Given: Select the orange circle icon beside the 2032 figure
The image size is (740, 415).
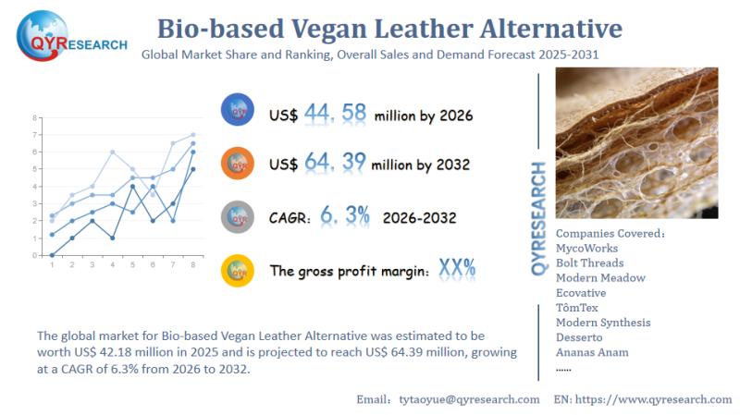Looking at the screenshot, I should (238, 164).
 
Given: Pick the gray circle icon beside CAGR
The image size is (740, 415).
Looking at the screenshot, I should (238, 217).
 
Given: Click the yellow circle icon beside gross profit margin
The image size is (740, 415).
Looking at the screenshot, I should (238, 271).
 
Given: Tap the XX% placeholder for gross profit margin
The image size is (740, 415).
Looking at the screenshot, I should (457, 269).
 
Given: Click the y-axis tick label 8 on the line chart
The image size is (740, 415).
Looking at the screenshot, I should (35, 118).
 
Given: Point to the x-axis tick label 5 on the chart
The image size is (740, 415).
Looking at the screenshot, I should (132, 265).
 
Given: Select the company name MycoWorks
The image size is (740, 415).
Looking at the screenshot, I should (587, 248).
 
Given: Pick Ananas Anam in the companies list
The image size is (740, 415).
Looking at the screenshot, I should (592, 352).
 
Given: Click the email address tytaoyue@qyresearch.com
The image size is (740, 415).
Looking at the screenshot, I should (469, 399).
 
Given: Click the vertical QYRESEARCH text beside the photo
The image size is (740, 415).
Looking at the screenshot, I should (539, 217).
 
